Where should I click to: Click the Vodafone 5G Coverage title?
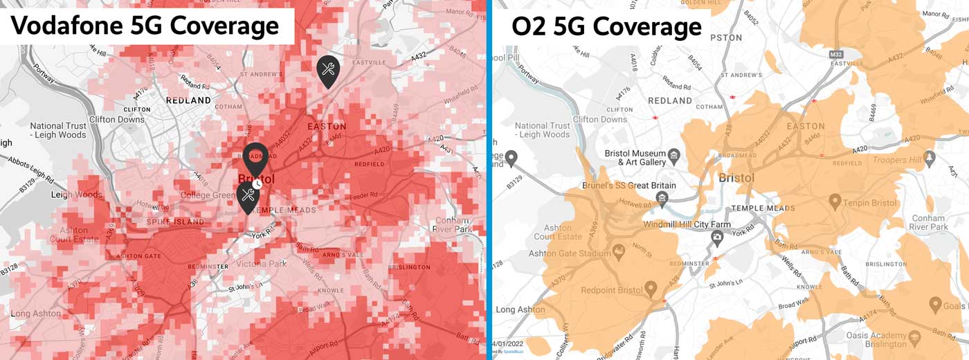pyautogui.click(x=145, y=26)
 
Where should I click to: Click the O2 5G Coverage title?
pyautogui.click(x=606, y=27)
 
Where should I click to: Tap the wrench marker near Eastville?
pyautogui.click(x=327, y=70)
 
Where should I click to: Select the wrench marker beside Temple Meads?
pyautogui.click(x=247, y=197)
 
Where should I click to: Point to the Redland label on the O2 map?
pyautogui.click(x=669, y=100)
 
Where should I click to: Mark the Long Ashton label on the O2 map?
pyautogui.click(x=520, y=309)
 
